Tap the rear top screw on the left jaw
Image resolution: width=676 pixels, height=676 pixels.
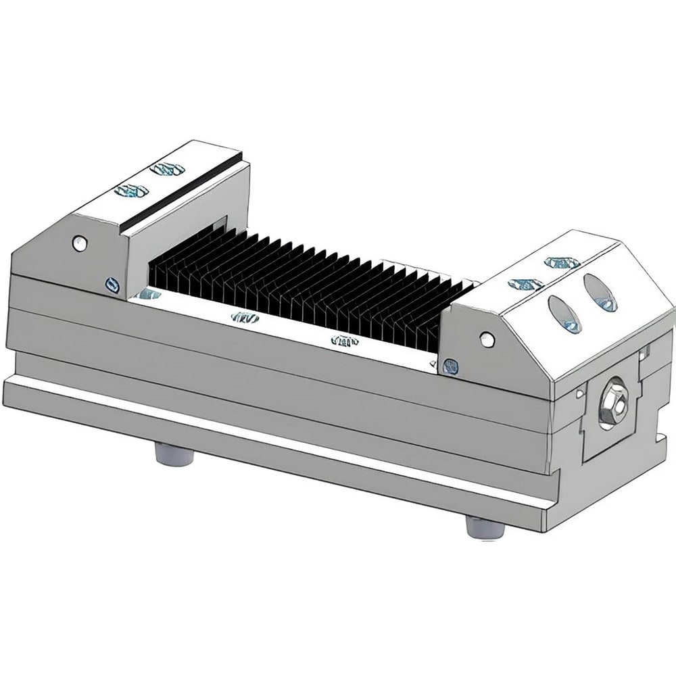point(167,168)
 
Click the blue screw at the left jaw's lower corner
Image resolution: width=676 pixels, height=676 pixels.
point(111,285)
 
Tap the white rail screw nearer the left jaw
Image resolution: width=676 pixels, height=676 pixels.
point(244,317)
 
